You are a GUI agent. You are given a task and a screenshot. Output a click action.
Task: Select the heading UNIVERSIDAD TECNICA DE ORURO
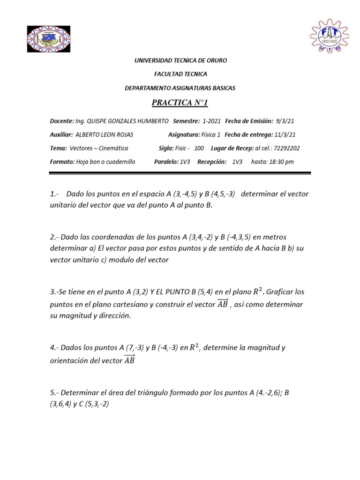(x=180, y=61)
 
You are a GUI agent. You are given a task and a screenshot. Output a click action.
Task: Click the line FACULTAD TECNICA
(x=180, y=74)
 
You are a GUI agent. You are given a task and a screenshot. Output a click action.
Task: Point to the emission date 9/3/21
(x=285, y=121)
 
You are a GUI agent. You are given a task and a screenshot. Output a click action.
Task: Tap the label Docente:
(x=61, y=121)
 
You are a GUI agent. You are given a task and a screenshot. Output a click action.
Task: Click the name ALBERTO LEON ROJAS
(x=104, y=135)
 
